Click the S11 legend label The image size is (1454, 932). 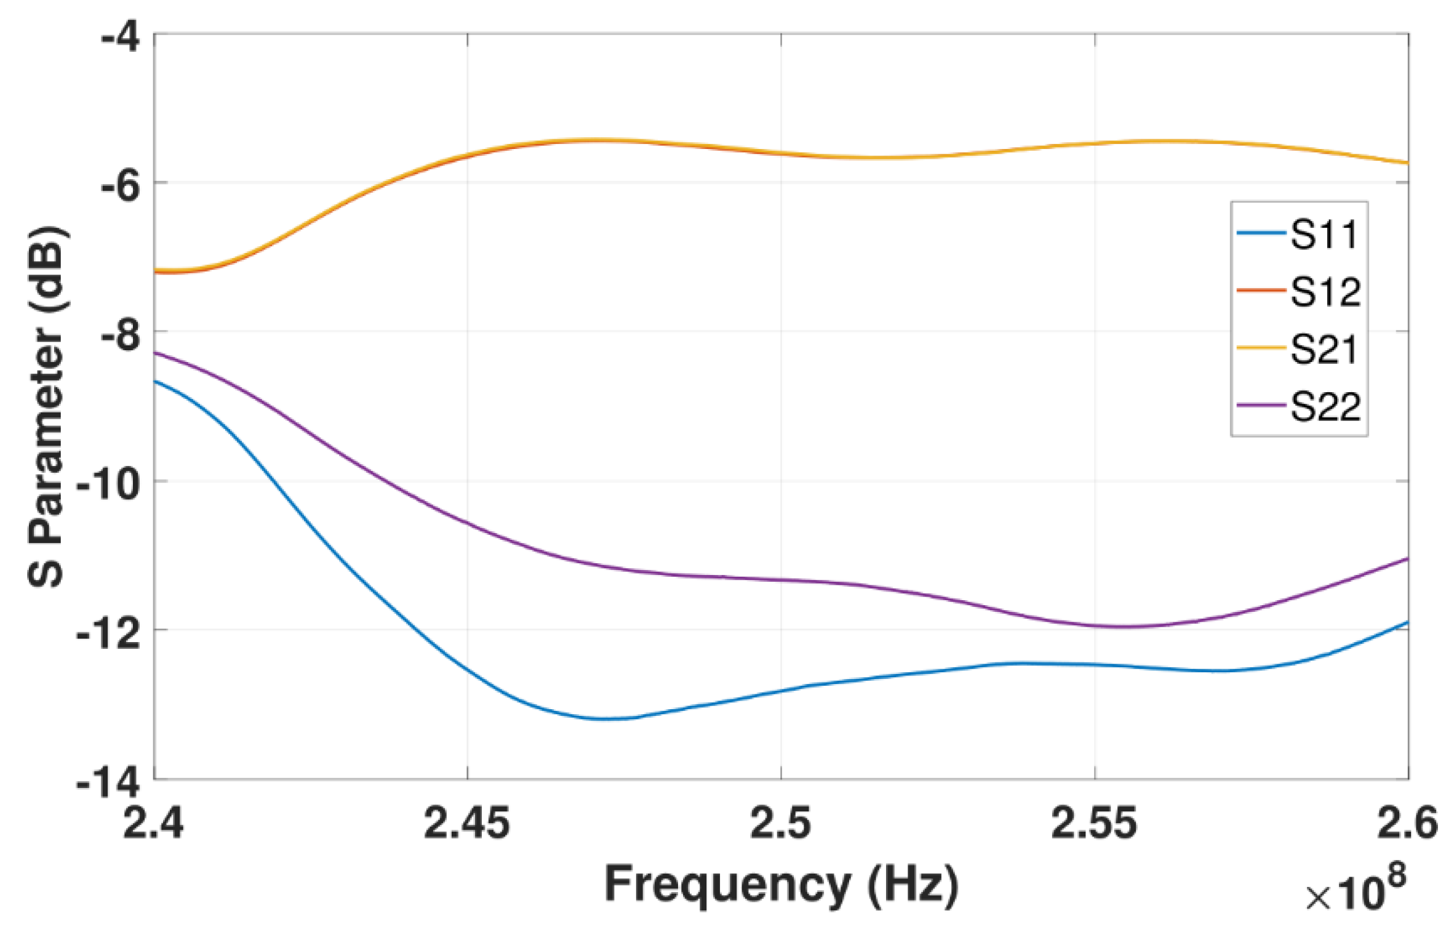coord(1324,234)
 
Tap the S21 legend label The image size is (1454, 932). coord(1324,349)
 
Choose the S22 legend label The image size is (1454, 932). coord(1325,406)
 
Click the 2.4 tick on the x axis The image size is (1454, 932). coord(153,822)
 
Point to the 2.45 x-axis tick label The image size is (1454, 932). coord(467,822)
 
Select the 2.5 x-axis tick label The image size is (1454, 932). coord(781,822)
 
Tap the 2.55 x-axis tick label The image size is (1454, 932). coord(1094,822)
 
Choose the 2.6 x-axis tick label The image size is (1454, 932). coord(1408,822)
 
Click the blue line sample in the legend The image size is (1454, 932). coord(1261,233)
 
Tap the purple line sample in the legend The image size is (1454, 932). coord(1261,406)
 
